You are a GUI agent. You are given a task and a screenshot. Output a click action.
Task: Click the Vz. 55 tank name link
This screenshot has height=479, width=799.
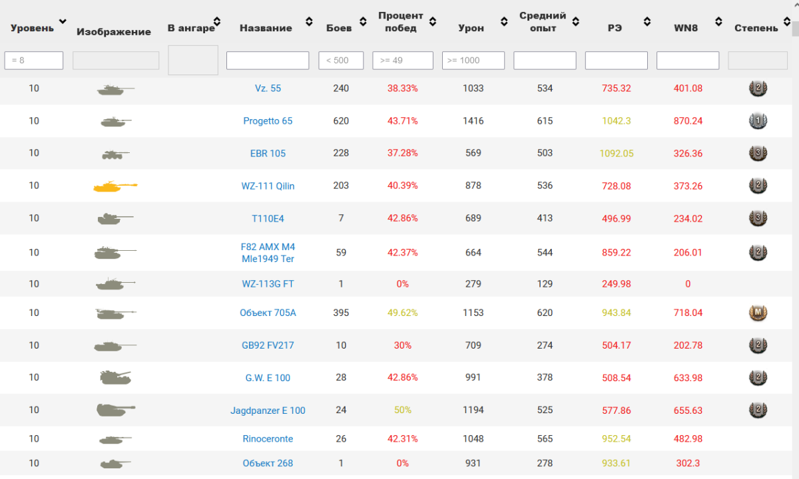pos(268,88)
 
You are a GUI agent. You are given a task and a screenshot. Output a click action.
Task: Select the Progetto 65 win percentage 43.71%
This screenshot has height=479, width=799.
pos(402,121)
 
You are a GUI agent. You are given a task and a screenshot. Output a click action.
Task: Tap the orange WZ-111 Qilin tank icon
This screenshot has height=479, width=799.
pos(115,186)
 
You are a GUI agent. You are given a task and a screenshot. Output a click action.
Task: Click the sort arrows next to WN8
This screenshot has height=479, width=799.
pos(718,22)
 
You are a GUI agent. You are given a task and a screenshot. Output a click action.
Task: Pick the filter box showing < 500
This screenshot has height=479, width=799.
pos(341,61)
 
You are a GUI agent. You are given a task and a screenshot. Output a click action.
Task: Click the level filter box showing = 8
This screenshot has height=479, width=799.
pos(34,61)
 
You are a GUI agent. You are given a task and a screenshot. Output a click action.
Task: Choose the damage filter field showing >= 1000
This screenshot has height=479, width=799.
pos(473,61)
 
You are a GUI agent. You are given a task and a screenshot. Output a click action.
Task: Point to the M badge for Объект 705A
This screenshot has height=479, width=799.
pos(758,313)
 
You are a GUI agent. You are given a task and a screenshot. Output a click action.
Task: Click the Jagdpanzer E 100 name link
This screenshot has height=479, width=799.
pos(268,410)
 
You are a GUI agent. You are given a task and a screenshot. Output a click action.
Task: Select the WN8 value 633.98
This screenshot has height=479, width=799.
pos(688,377)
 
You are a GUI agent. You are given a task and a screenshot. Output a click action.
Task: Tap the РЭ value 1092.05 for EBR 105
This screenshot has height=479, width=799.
pos(617,153)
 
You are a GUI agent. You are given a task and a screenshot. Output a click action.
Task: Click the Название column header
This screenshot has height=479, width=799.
pos(266,28)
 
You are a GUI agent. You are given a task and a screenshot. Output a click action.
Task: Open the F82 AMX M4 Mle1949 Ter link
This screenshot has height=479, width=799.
pos(268,253)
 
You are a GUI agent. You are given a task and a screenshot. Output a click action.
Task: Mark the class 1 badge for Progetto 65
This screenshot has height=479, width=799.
pos(758,121)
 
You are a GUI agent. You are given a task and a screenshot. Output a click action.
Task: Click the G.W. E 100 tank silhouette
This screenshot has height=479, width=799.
pos(115,377)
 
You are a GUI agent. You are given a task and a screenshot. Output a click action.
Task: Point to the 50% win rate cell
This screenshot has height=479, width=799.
pos(402,410)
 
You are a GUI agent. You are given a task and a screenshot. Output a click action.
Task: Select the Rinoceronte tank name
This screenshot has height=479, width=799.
pos(268,438)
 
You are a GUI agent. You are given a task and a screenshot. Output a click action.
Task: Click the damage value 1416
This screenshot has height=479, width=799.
pos(473,121)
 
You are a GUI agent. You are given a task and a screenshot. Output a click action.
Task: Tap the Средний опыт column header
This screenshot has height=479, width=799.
pos(543,22)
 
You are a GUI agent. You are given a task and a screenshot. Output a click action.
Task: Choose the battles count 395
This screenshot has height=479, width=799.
pos(341,313)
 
